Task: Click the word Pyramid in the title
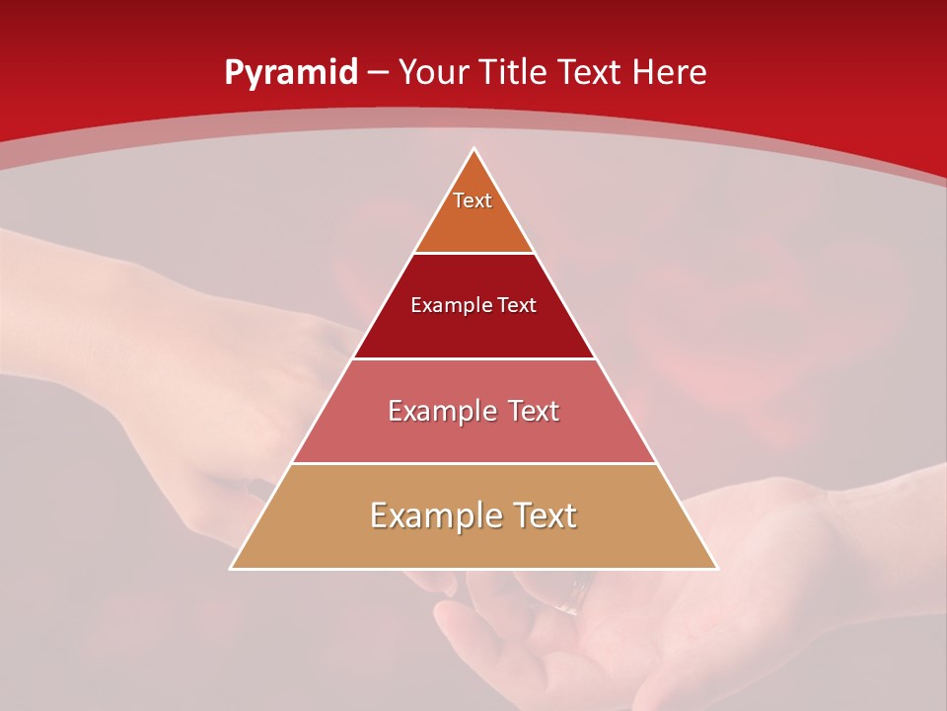pyautogui.click(x=291, y=73)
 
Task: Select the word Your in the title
pyautogui.click(x=436, y=73)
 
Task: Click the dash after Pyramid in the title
pyautogui.click(x=378, y=74)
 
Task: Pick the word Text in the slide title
pyautogui.click(x=590, y=73)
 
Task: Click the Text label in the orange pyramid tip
pyautogui.click(x=473, y=200)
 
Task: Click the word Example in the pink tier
pyautogui.click(x=439, y=411)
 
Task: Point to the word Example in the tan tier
pyautogui.click(x=428, y=515)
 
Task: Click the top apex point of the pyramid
pyautogui.click(x=474, y=149)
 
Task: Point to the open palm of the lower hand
pyautogui.click(x=552, y=652)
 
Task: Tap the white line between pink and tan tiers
pyautogui.click(x=474, y=463)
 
